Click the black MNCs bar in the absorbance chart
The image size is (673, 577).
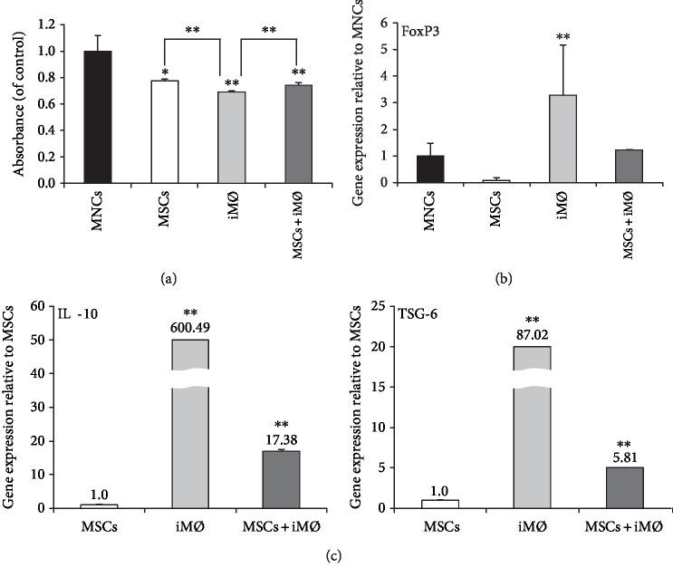coord(97,117)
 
